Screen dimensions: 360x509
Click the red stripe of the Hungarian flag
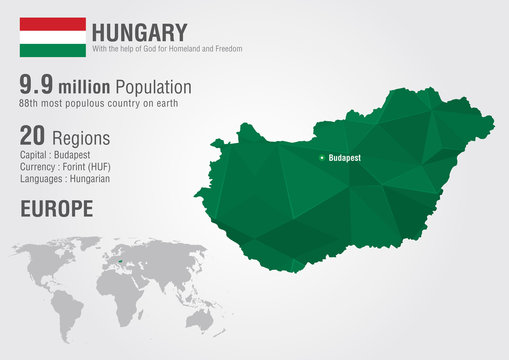(53, 23)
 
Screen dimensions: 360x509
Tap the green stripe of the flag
(53, 49)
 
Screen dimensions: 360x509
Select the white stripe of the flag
(53, 36)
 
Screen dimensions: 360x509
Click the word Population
(154, 88)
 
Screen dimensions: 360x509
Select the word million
(87, 89)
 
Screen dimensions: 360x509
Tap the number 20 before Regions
(33, 137)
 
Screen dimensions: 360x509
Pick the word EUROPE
(56, 208)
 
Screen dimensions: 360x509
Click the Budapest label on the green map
(345, 158)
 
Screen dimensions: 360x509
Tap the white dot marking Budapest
(321, 158)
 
